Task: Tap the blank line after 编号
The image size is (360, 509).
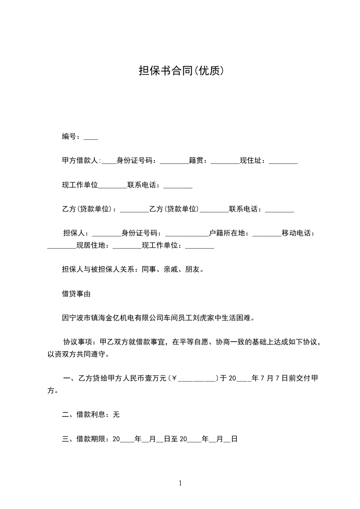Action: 91,137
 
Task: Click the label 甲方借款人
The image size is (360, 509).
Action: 80,161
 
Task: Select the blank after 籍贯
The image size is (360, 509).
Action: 225,161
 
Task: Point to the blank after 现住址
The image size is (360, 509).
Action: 283,161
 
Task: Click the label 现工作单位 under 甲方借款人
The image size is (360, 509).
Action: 80,185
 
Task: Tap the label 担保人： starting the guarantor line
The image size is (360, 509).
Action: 78,233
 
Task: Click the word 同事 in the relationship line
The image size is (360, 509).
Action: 149,269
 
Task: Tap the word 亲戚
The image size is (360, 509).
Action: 171,269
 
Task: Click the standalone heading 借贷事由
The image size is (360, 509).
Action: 76,294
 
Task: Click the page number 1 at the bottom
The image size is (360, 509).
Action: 180,484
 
